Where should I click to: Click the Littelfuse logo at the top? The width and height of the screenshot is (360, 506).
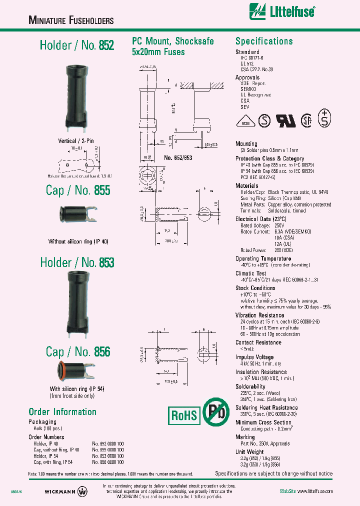pos(282,10)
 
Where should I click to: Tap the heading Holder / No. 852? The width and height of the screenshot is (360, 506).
pos(77,45)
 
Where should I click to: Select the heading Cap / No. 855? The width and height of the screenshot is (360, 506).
pos(78,190)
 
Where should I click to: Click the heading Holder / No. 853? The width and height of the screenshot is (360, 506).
pos(77,262)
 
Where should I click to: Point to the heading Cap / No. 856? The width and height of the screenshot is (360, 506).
pos(78,351)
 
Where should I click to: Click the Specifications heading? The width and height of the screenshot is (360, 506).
pos(264,41)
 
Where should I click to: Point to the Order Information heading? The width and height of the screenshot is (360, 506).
pos(62,412)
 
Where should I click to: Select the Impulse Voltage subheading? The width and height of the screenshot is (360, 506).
pos(254,357)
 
